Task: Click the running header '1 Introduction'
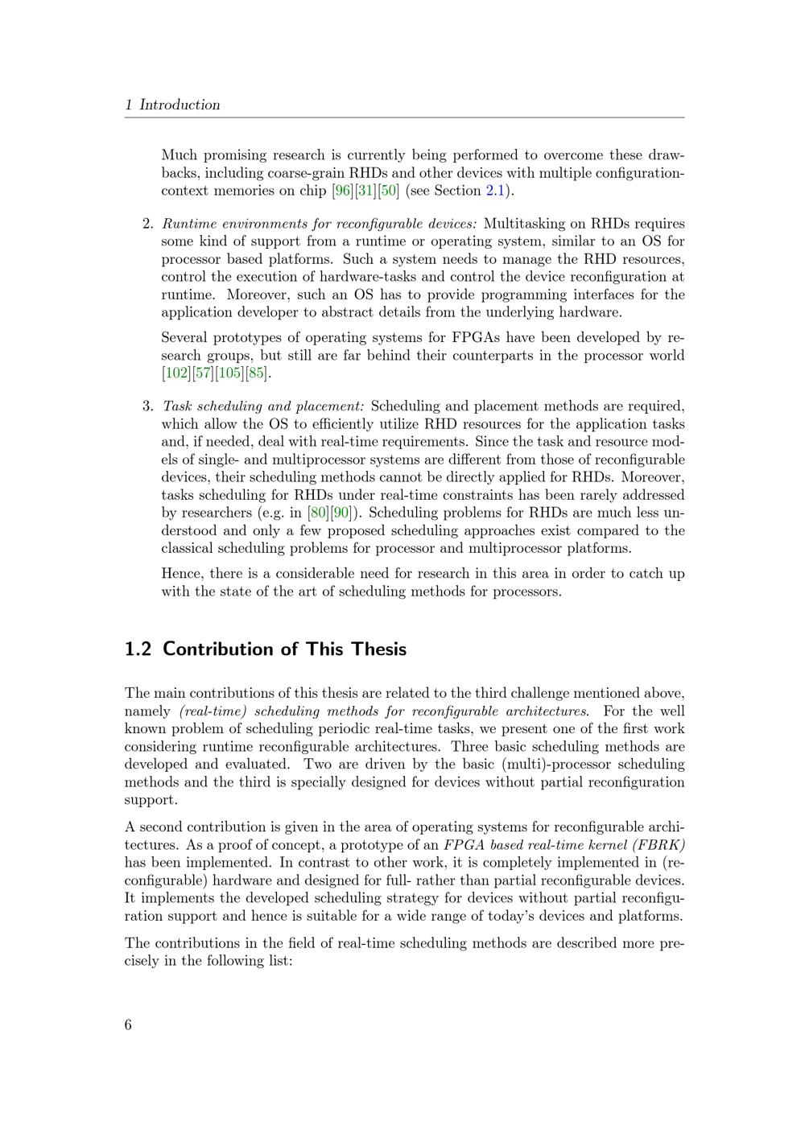[x=172, y=105]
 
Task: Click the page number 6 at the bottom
[x=129, y=1025]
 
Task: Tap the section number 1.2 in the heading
[x=138, y=649]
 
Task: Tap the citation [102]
[x=176, y=373]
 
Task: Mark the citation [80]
[x=319, y=513]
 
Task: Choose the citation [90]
[x=341, y=513]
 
